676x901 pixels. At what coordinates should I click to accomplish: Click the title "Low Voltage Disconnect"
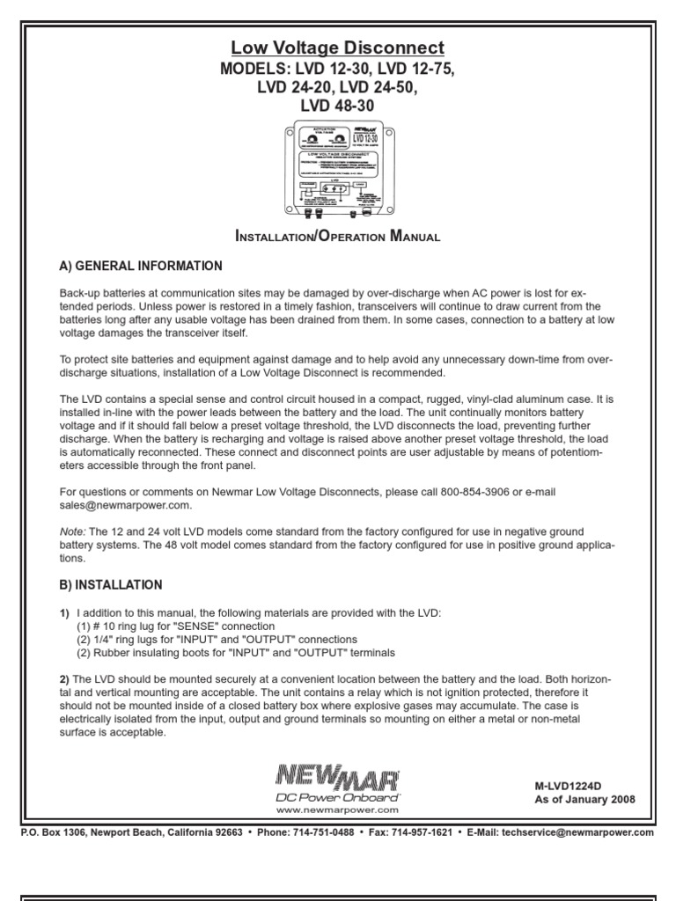[x=338, y=48]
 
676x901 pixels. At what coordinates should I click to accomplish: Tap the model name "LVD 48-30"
[x=338, y=106]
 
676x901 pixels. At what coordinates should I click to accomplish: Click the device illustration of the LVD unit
[x=338, y=170]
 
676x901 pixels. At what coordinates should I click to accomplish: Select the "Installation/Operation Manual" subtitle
[x=338, y=237]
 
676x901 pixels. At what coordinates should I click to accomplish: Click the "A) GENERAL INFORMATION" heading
[x=140, y=267]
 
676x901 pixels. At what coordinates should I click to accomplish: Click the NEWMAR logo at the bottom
[x=338, y=776]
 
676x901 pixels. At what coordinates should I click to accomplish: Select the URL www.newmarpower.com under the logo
[x=338, y=809]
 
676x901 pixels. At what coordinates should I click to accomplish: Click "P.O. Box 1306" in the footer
[x=54, y=832]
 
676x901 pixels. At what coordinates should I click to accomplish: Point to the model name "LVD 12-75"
[x=415, y=69]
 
